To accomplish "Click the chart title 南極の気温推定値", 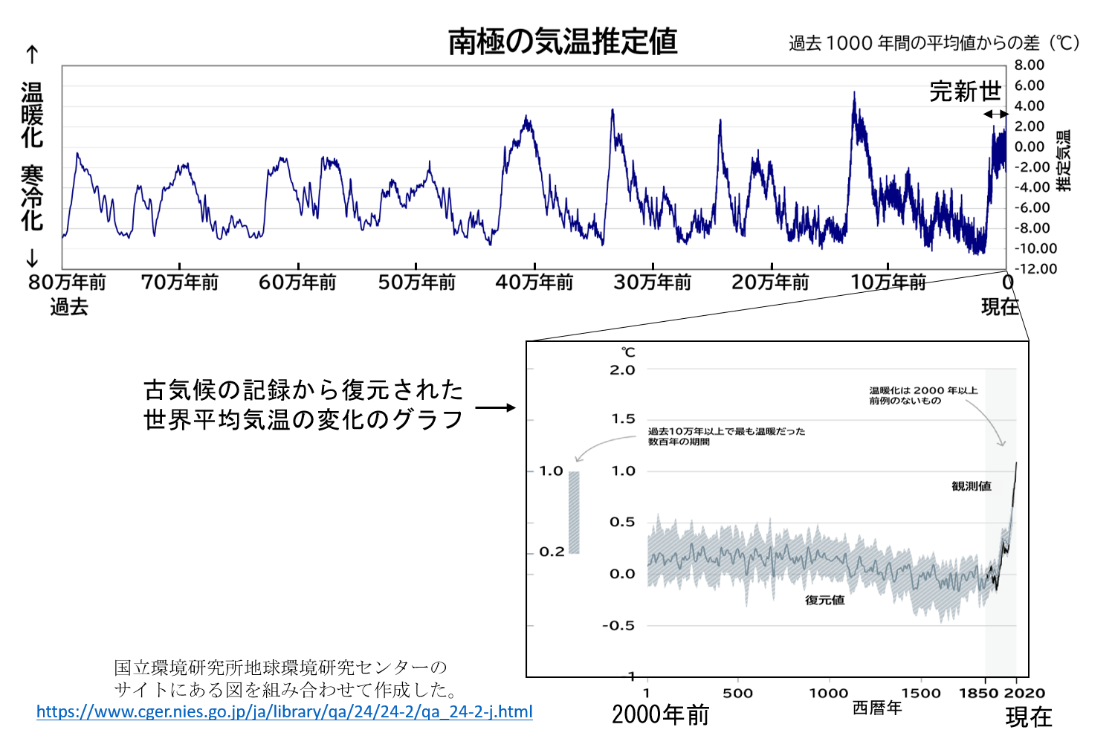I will click(x=562, y=42).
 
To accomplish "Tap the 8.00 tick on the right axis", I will click(x=1030, y=65).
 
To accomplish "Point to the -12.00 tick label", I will click(x=1035, y=268).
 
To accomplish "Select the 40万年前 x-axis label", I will click(x=534, y=282).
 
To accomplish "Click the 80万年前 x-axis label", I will click(x=67, y=282).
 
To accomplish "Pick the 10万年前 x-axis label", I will click(x=888, y=282).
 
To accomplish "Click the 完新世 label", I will click(x=965, y=91).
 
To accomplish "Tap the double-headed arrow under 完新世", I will click(x=996, y=114).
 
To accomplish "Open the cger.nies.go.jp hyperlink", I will click(x=284, y=711).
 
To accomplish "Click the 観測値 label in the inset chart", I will click(x=972, y=486).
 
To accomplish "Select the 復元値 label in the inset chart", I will click(x=825, y=600).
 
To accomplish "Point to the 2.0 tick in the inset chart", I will click(x=622, y=370).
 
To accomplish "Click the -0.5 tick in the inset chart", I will click(x=618, y=626).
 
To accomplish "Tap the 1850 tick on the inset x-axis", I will click(x=978, y=693).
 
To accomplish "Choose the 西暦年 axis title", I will click(x=877, y=708).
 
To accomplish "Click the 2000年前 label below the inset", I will click(x=660, y=715).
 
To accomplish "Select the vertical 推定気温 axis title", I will click(x=1064, y=161).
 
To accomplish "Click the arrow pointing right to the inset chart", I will click(x=495, y=407).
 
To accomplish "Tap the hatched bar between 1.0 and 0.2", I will click(x=574, y=512).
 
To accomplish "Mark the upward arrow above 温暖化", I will click(x=32, y=55).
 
